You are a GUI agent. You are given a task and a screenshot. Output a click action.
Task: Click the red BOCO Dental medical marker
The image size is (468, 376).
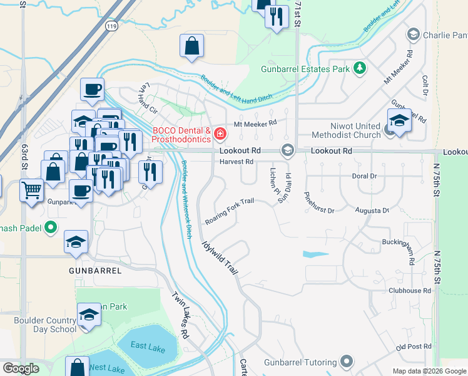[220, 133]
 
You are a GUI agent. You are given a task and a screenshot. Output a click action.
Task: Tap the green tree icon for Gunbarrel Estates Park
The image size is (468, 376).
[360, 68]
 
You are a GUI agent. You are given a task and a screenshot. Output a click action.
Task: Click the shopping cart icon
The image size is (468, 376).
[31, 189]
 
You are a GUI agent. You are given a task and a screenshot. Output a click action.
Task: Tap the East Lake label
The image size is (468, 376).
[148, 346]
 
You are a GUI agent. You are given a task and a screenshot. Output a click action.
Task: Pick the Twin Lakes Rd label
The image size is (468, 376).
[181, 315]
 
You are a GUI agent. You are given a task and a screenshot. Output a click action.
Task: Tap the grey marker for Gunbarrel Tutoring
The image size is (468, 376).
[346, 362]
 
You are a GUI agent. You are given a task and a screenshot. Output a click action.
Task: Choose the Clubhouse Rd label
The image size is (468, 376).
[409, 291]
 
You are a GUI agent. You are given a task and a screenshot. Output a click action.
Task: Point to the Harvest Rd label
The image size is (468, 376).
[236, 162]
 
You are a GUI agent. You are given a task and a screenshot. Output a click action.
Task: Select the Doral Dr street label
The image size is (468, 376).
[364, 176]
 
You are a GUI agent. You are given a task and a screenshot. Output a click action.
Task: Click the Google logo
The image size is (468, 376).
[21, 368]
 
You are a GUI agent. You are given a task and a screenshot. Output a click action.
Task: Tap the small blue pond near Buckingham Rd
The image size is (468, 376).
[315, 255]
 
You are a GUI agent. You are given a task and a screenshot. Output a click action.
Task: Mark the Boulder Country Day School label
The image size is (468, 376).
[45, 324]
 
